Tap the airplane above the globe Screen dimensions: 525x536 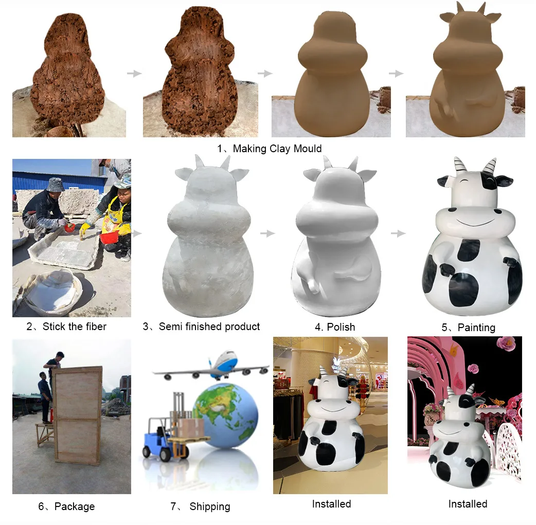216,364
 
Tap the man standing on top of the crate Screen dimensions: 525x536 55,363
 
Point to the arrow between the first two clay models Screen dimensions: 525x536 134,74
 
